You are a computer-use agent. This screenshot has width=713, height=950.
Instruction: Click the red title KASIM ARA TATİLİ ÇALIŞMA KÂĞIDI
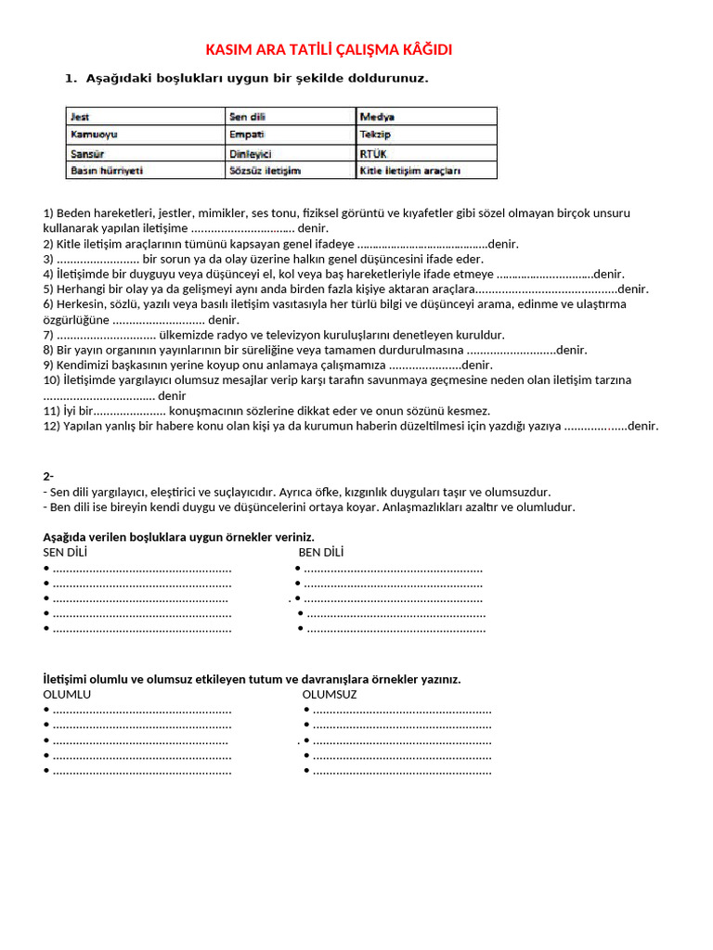pos(328,50)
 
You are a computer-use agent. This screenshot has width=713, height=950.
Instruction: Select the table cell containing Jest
pos(146,117)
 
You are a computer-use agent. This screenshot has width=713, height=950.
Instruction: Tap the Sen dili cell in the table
pos(291,117)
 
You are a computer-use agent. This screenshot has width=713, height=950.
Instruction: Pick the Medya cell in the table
pos(426,117)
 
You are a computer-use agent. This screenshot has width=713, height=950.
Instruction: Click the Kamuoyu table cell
pos(146,135)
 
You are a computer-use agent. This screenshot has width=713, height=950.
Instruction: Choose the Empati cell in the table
pos(291,135)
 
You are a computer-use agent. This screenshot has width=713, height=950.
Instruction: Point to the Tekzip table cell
pos(426,135)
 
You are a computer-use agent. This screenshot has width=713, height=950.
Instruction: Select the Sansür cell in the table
pos(146,153)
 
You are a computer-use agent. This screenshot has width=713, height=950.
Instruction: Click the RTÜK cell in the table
pos(426,153)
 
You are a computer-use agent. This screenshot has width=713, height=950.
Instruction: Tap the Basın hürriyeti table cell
pos(146,171)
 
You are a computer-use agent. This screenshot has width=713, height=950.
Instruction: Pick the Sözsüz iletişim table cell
pos(291,171)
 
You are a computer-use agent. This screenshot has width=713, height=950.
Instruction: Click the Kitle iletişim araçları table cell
pos(426,171)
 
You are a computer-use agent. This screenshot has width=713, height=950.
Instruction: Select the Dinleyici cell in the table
pos(291,153)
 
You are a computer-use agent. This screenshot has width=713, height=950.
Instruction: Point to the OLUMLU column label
pos(67,694)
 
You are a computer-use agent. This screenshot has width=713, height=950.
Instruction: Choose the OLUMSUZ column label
pos(330,694)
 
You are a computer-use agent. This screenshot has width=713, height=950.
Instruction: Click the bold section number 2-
pos(48,477)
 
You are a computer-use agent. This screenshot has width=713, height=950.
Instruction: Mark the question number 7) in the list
pos(49,335)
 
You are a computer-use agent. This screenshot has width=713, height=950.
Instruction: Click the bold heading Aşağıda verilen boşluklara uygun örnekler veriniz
pos(178,537)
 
